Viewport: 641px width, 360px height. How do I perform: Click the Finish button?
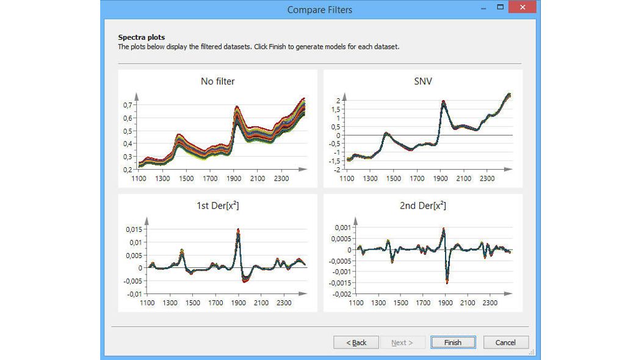pyautogui.click(x=453, y=342)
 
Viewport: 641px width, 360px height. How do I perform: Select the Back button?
pyautogui.click(x=356, y=342)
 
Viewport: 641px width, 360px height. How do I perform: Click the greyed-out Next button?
pyautogui.click(x=402, y=342)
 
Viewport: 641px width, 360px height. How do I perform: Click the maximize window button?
pyautogui.click(x=501, y=7)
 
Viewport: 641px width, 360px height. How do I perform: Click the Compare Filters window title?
pyautogui.click(x=319, y=10)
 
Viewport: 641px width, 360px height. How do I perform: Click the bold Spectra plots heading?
pyautogui.click(x=141, y=38)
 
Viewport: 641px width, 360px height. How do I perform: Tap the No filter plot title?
pyautogui.click(x=217, y=81)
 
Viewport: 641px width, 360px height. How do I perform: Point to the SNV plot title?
pyautogui.click(x=422, y=81)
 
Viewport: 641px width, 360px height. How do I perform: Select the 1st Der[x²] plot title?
pyautogui.click(x=217, y=206)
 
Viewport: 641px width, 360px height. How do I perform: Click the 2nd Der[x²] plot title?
pyautogui.click(x=422, y=206)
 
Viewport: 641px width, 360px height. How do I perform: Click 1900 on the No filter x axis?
pyautogui.click(x=233, y=178)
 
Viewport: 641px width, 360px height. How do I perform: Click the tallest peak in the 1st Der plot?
pyautogui.click(x=238, y=230)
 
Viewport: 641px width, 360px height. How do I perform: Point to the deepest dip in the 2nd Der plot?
pyautogui.click(x=447, y=283)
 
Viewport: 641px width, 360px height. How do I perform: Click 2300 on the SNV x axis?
pyautogui.click(x=487, y=179)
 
